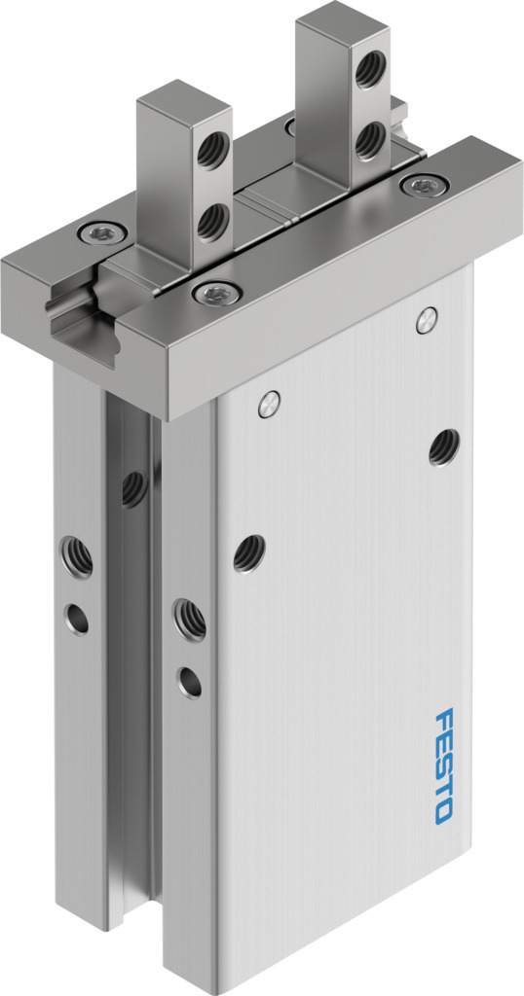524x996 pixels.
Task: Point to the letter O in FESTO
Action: pos(443,812)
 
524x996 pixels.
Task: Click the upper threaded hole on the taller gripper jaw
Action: pos(370,69)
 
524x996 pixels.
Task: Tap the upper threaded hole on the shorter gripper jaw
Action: pos(211,150)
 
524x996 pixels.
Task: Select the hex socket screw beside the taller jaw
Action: pos(424,186)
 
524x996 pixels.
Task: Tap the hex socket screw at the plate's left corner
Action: pos(101,233)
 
